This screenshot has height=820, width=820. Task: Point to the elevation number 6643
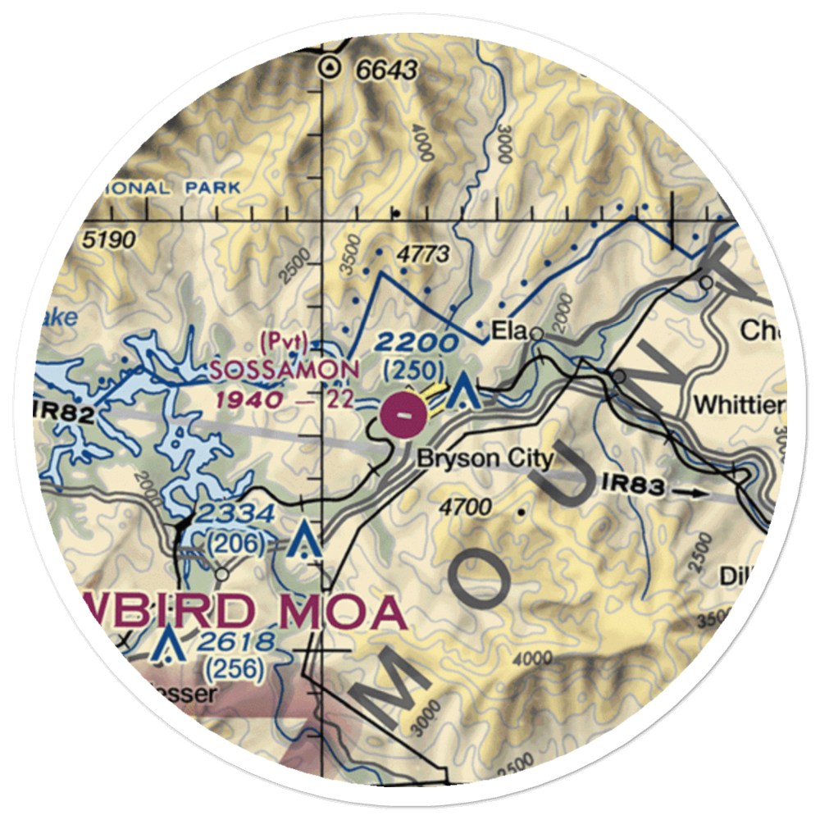(x=387, y=71)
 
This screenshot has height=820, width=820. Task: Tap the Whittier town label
(x=739, y=404)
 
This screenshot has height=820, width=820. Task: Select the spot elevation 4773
(x=422, y=254)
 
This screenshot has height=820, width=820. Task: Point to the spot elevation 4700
(x=465, y=507)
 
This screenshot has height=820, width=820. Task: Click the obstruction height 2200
(x=418, y=342)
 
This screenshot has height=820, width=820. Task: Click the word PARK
(x=212, y=188)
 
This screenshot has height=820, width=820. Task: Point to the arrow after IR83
(x=695, y=493)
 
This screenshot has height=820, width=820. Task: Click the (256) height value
(x=236, y=670)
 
